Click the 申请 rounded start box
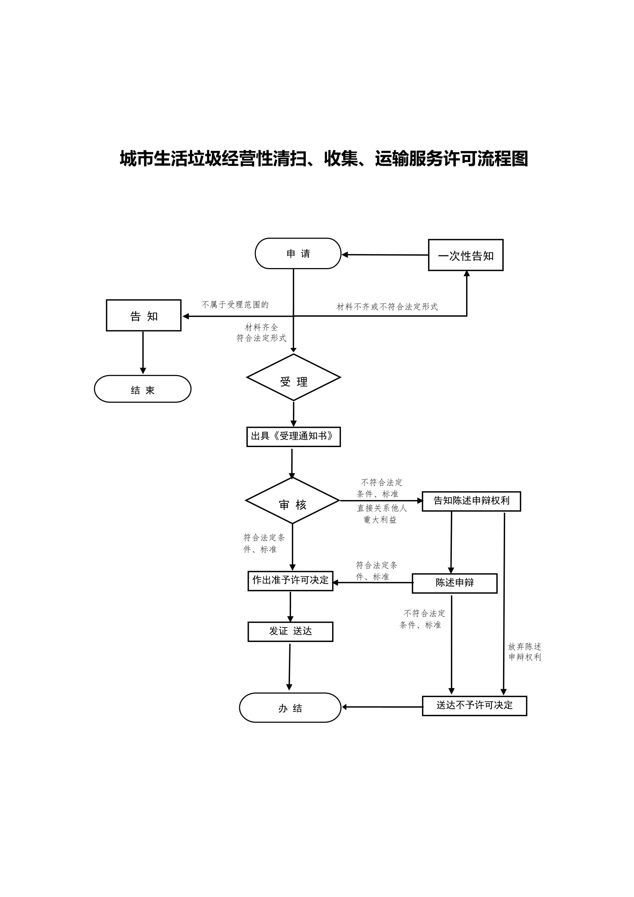point(298,254)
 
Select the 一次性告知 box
point(466,255)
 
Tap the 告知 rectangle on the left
point(143,316)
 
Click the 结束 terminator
point(143,389)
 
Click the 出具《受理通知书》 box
point(293,437)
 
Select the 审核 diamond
point(292,501)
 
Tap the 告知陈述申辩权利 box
point(471,501)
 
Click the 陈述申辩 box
point(454,583)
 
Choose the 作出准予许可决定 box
point(290,581)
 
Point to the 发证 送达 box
point(290,632)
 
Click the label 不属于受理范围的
point(235,305)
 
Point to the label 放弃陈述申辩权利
point(524,652)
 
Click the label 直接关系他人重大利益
point(381,514)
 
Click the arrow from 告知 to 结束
point(143,352)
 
